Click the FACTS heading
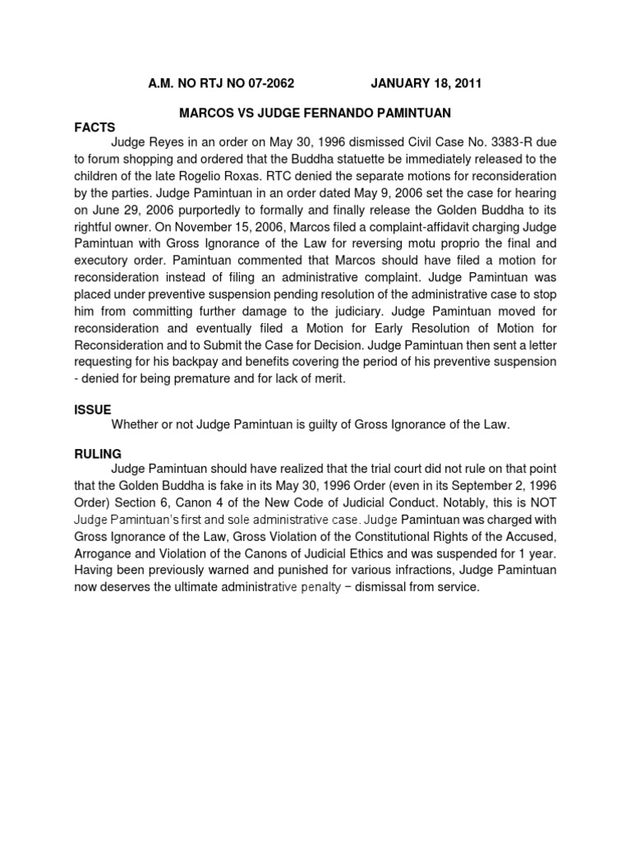(x=94, y=127)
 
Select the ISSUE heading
(x=92, y=409)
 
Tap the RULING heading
(x=97, y=453)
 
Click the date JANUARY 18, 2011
(x=426, y=83)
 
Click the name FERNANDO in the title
(x=317, y=111)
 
